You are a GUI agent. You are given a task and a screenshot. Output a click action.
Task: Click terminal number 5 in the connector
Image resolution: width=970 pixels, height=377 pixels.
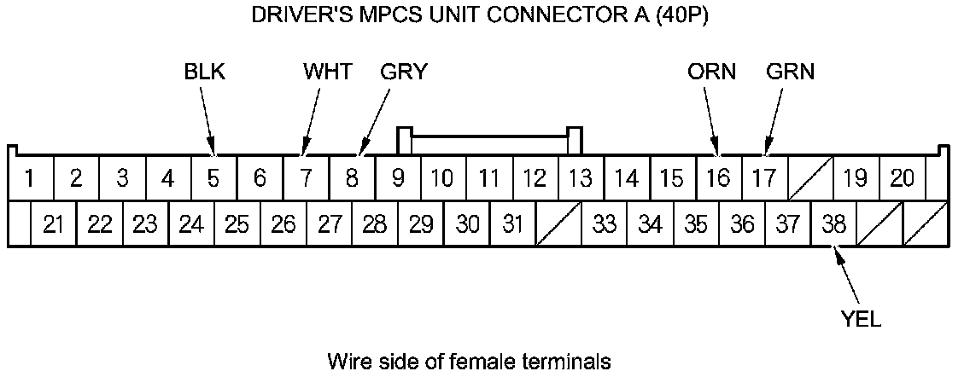(x=213, y=179)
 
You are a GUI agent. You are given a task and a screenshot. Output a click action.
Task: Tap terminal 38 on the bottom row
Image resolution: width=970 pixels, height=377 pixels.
(x=833, y=224)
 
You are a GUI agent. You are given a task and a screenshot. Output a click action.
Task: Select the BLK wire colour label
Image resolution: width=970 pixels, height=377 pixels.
(x=205, y=72)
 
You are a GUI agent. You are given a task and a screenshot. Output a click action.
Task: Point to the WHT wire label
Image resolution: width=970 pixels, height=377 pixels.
(x=327, y=72)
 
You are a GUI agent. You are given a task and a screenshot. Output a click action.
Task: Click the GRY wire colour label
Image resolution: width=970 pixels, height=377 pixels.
(x=404, y=72)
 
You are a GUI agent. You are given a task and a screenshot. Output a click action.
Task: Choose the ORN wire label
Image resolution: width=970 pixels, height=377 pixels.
(x=711, y=72)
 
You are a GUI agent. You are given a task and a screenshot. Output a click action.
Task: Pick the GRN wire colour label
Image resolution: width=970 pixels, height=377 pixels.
(x=791, y=72)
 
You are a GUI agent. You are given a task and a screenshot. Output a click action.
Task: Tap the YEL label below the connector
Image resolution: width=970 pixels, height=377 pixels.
(x=860, y=320)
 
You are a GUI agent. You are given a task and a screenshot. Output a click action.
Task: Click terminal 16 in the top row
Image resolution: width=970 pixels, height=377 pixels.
(x=719, y=179)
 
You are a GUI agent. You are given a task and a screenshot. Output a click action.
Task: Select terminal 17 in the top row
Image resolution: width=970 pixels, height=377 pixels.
(x=764, y=179)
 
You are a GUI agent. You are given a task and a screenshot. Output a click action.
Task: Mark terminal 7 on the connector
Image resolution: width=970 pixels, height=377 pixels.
(x=305, y=179)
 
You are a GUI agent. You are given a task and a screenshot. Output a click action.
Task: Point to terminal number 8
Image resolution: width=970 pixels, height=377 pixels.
(x=351, y=179)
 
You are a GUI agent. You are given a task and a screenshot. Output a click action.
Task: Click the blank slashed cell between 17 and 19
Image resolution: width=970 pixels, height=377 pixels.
(x=809, y=179)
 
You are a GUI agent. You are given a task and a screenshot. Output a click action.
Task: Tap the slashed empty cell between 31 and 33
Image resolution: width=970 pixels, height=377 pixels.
(x=558, y=224)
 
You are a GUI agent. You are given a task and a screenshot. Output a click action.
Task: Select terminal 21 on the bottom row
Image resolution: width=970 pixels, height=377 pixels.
(x=54, y=224)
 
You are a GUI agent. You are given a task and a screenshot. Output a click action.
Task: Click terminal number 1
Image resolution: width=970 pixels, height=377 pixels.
(x=30, y=179)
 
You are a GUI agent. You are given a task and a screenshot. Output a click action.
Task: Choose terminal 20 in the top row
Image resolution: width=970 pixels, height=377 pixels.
(x=902, y=179)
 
